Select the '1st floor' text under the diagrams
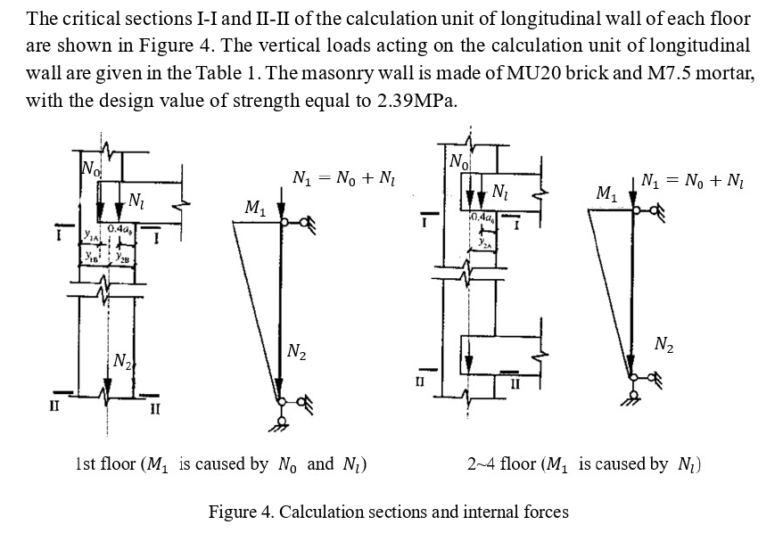tap(105, 463)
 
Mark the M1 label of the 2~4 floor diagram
tap(606, 193)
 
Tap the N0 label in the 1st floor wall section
tap(90, 167)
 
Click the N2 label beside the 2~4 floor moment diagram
tap(663, 343)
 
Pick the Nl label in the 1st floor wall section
tap(136, 200)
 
